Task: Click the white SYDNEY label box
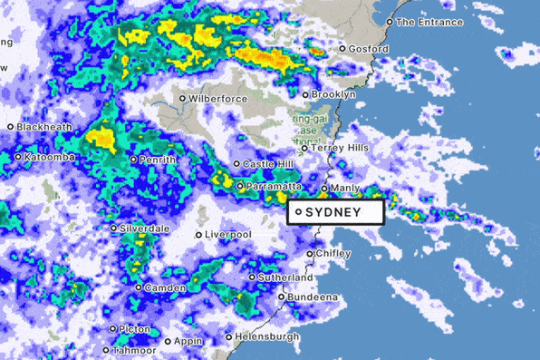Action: pyautogui.click(x=336, y=212)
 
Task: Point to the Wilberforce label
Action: pyautogui.click(x=219, y=98)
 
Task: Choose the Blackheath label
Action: pyautogui.click(x=43, y=127)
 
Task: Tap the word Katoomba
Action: pyautogui.click(x=49, y=157)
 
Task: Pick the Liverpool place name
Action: pyautogui.click(x=227, y=235)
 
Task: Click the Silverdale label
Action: pyautogui.click(x=145, y=229)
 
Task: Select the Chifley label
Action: pyautogui.click(x=333, y=254)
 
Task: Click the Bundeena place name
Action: pyautogui.click(x=313, y=297)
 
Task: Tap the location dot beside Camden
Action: pyautogui.click(x=138, y=288)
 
